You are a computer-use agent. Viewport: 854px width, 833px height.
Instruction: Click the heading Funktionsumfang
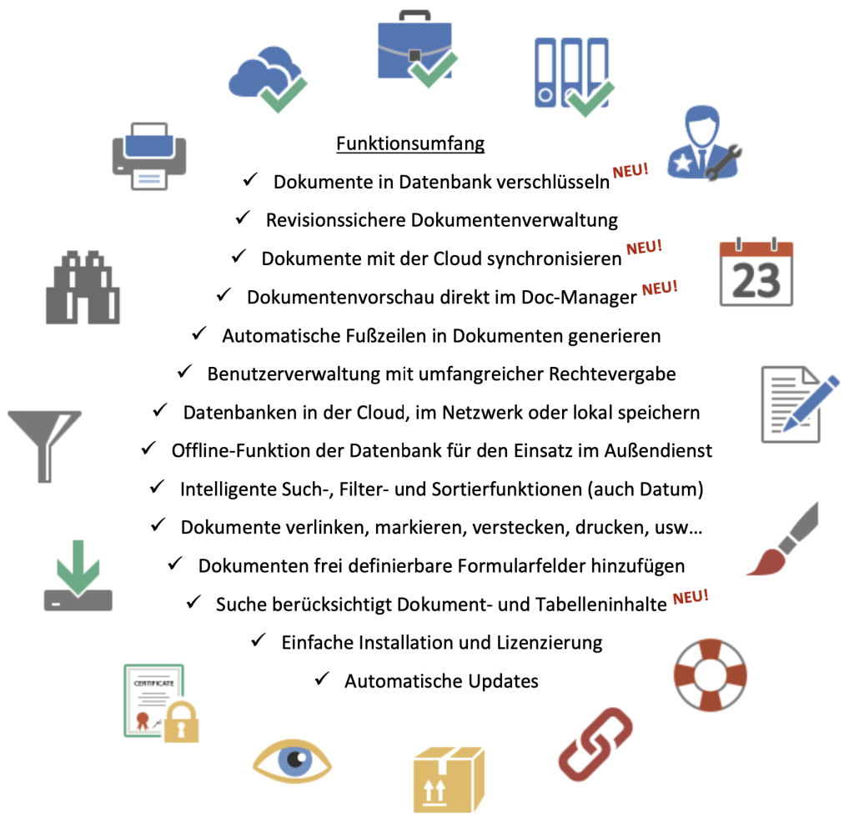[410, 143]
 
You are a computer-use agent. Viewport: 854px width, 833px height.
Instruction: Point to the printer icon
[149, 156]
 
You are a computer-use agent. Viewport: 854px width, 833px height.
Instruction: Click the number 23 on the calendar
[756, 281]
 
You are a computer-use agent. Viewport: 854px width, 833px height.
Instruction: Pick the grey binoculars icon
[83, 288]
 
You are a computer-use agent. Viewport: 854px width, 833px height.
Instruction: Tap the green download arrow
[78, 566]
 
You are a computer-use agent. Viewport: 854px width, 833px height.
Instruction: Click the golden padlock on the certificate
[181, 722]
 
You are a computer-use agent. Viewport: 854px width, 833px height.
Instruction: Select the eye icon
[292, 760]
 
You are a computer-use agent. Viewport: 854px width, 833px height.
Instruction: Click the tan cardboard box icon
[449, 780]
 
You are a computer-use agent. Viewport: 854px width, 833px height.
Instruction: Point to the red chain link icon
[595, 745]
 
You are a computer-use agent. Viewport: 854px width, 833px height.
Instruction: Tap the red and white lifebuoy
[711, 675]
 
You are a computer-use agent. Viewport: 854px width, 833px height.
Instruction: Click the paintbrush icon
[782, 539]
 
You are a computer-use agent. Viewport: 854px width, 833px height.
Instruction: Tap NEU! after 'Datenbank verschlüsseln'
[630, 170]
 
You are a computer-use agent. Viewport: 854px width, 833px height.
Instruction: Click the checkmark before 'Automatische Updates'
[323, 679]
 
